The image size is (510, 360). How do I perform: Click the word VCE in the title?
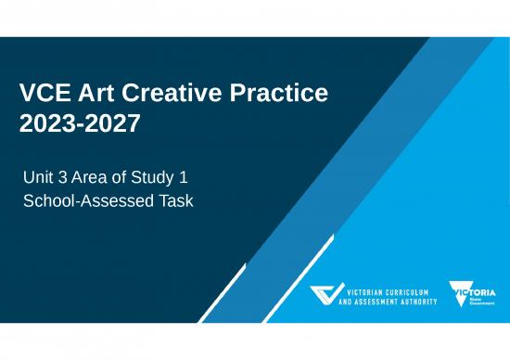tap(47, 93)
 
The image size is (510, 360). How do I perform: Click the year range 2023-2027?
tap(80, 123)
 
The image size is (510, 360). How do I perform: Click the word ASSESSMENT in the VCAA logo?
tap(386, 302)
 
